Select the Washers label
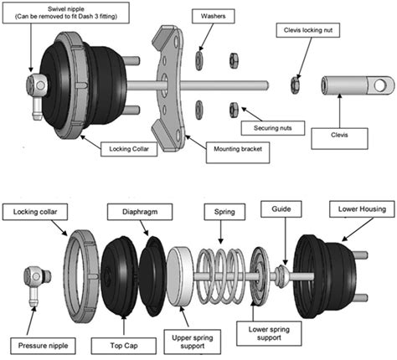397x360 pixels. pos(207,17)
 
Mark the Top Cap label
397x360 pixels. pos(125,343)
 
